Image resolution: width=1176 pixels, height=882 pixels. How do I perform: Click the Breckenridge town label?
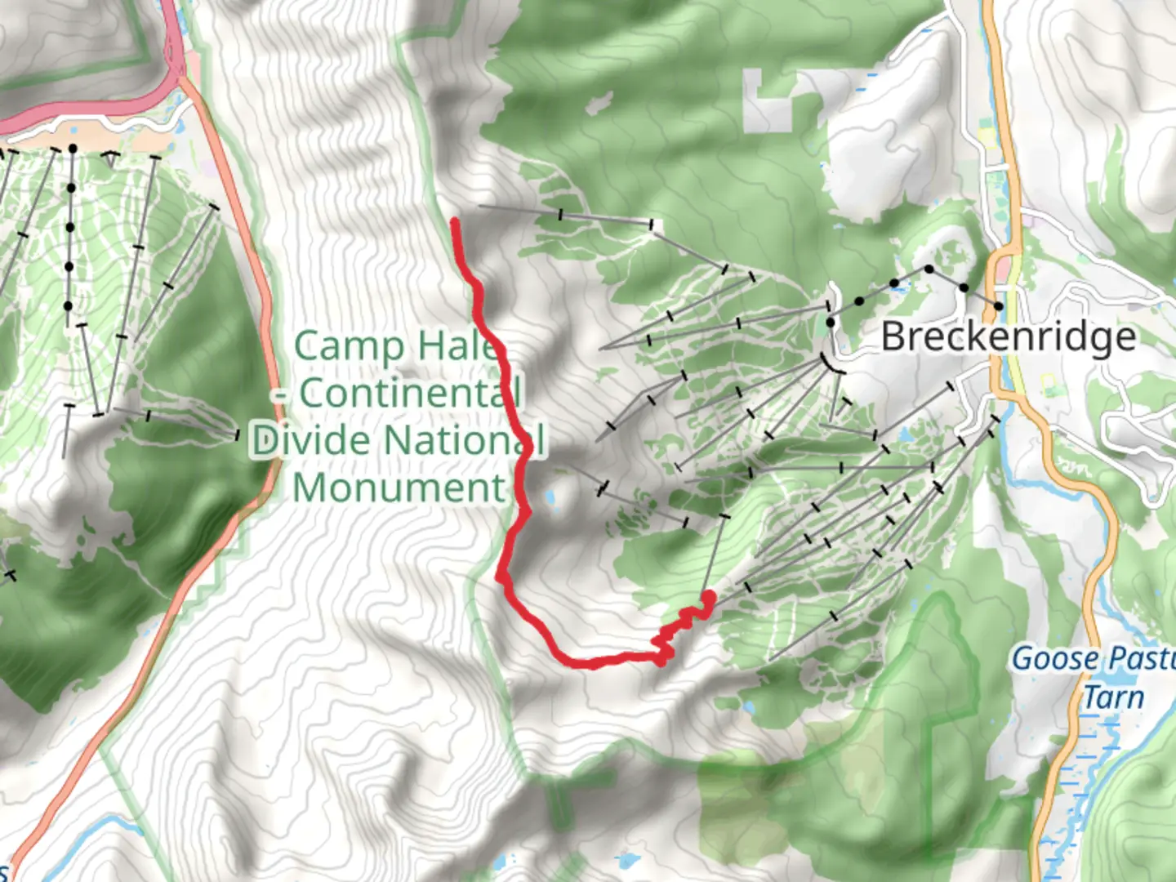[x=1009, y=337]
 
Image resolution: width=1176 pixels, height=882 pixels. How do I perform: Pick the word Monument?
[x=399, y=488]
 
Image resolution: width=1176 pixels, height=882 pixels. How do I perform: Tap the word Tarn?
[x=1113, y=698]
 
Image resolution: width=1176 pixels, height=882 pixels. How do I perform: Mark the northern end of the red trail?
[x=454, y=221]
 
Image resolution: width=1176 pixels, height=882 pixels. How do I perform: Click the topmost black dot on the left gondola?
[x=73, y=149]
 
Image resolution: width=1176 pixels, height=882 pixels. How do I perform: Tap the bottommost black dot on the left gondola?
[x=69, y=306]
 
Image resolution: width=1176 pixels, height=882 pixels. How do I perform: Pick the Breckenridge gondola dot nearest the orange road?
[x=998, y=306]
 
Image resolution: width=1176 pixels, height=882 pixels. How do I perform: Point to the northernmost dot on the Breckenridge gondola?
[x=929, y=269]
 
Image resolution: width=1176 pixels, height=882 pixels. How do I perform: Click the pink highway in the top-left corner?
[x=82, y=110]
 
